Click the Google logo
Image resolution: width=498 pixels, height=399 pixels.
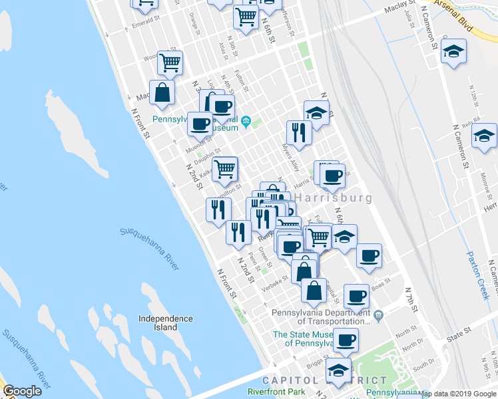22,391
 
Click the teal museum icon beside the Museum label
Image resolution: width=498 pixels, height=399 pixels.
246,121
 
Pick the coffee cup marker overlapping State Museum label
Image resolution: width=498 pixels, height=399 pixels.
346,340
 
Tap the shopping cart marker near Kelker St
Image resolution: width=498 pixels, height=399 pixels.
225,168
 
